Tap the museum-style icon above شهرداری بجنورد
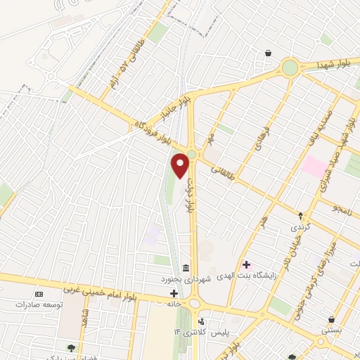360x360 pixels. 185,268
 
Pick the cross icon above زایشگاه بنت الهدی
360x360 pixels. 246,265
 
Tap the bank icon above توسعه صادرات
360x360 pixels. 39,293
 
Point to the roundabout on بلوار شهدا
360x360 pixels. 289,67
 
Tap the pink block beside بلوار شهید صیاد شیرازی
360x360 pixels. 314,167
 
